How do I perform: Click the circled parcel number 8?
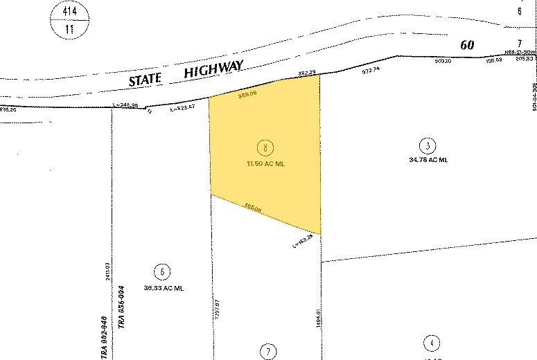click(x=265, y=147)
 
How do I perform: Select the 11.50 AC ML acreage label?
click(x=265, y=164)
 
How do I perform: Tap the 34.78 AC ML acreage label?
click(x=429, y=160)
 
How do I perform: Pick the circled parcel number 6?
click(x=163, y=271)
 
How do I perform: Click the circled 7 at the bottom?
click(x=268, y=351)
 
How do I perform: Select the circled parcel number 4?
click(x=432, y=343)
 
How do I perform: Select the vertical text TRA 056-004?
click(x=121, y=315)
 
